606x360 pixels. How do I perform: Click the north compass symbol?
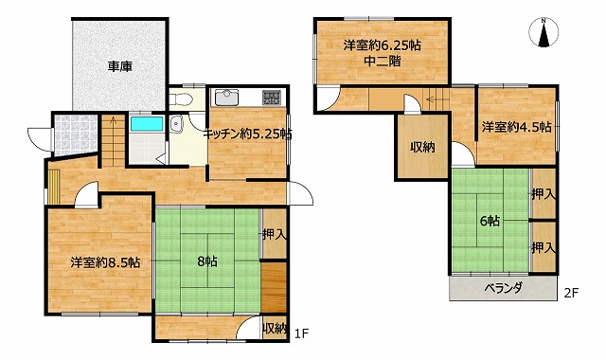click(544, 33)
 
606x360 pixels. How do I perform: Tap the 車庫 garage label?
click(120, 66)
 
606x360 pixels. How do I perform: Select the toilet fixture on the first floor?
click(181, 99)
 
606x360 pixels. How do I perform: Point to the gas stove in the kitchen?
click(272, 98)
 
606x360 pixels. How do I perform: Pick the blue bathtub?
click(147, 124)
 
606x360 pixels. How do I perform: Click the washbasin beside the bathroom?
click(176, 124)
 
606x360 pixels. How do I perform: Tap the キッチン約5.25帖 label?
click(247, 135)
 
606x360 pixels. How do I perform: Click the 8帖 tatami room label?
click(207, 261)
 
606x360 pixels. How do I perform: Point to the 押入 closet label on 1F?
click(275, 234)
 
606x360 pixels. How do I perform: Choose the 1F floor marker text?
click(301, 333)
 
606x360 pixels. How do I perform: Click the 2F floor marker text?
click(571, 293)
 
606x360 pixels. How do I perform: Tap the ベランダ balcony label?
click(504, 288)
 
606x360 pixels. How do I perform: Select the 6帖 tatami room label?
click(490, 221)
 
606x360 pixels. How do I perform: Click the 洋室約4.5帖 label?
click(517, 127)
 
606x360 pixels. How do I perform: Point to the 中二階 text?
click(383, 61)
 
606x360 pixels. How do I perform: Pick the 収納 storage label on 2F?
click(422, 147)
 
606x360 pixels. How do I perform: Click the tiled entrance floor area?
click(75, 134)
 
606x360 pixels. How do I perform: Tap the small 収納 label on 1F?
click(275, 329)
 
